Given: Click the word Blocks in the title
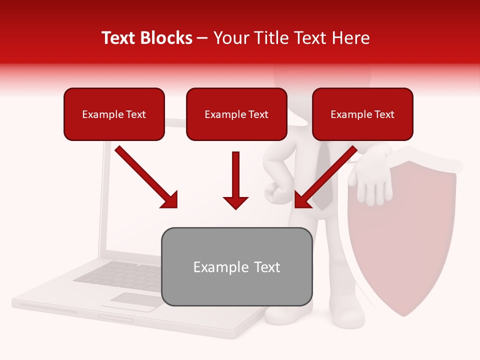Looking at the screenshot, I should point(166,38).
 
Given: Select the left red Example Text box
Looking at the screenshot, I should point(114,114).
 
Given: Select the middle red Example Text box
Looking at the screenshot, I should point(236,114).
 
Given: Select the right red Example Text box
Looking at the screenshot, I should point(362,114).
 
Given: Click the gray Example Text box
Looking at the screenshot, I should point(236,266).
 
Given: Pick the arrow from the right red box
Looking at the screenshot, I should point(325,177).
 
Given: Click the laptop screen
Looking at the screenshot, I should point(132,200).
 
